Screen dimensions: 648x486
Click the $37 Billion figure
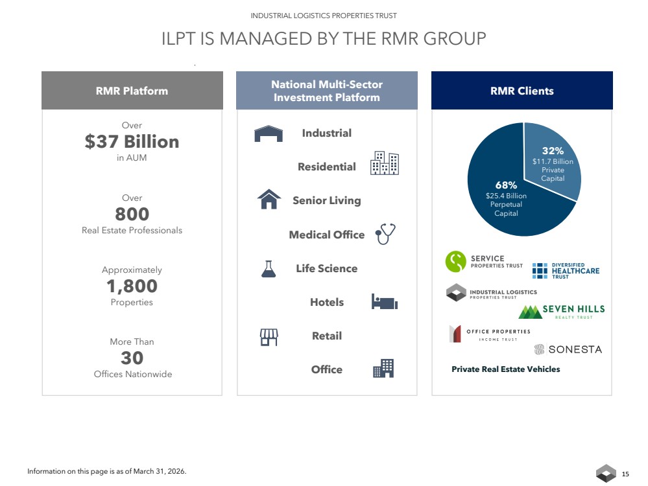tap(132, 142)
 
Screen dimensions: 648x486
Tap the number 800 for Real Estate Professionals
tap(132, 214)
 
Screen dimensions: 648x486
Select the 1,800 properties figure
tap(132, 286)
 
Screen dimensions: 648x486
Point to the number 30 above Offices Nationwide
tap(132, 358)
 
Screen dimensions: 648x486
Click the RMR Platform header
tap(132, 91)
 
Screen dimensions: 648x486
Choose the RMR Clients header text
tap(522, 91)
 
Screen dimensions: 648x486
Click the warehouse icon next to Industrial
tap(269, 133)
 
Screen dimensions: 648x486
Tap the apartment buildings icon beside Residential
tap(385, 163)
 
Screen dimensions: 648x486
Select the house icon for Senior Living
tap(269, 200)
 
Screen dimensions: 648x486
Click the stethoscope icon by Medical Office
tap(385, 234)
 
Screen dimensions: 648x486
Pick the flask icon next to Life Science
tap(269, 269)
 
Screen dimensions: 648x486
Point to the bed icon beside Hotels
tap(385, 302)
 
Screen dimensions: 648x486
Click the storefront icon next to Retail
tap(269, 337)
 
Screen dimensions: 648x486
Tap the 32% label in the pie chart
tap(553, 151)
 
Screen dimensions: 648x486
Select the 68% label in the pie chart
tap(506, 185)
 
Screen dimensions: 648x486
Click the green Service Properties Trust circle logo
tap(456, 262)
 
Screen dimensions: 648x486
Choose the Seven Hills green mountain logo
tap(530, 312)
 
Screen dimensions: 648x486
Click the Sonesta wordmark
tap(575, 350)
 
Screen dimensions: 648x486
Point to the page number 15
tap(625, 474)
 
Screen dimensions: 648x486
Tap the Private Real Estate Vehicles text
tap(506, 369)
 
